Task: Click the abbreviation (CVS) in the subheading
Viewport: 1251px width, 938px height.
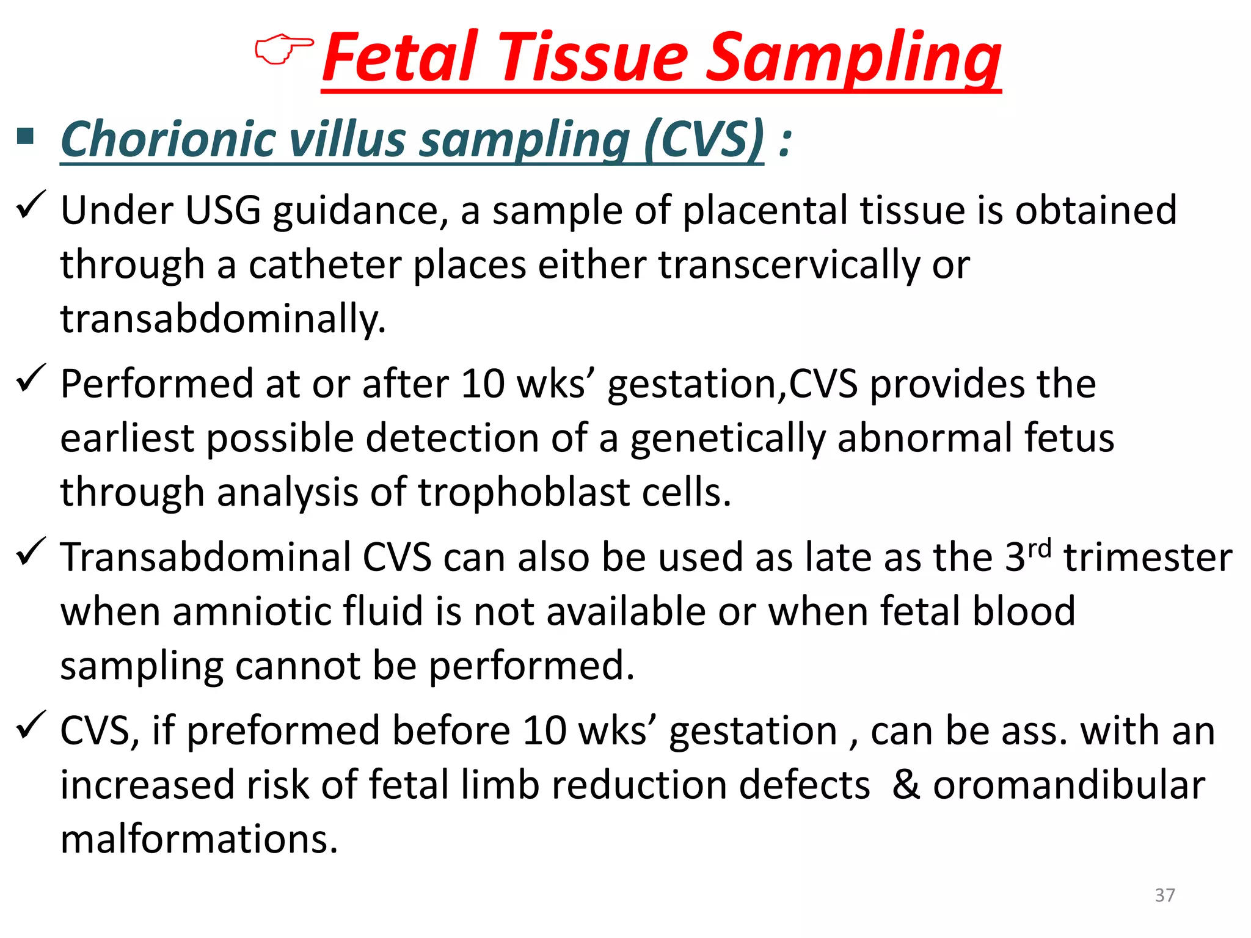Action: point(703,139)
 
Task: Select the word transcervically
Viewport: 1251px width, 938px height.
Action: point(789,265)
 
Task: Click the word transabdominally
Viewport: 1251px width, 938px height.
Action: point(223,319)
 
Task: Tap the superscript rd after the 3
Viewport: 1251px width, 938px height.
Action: point(1039,548)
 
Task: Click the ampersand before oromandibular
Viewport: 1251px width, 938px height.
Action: point(906,785)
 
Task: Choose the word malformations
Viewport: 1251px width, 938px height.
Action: point(199,839)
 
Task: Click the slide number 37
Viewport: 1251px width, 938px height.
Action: point(1164,895)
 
